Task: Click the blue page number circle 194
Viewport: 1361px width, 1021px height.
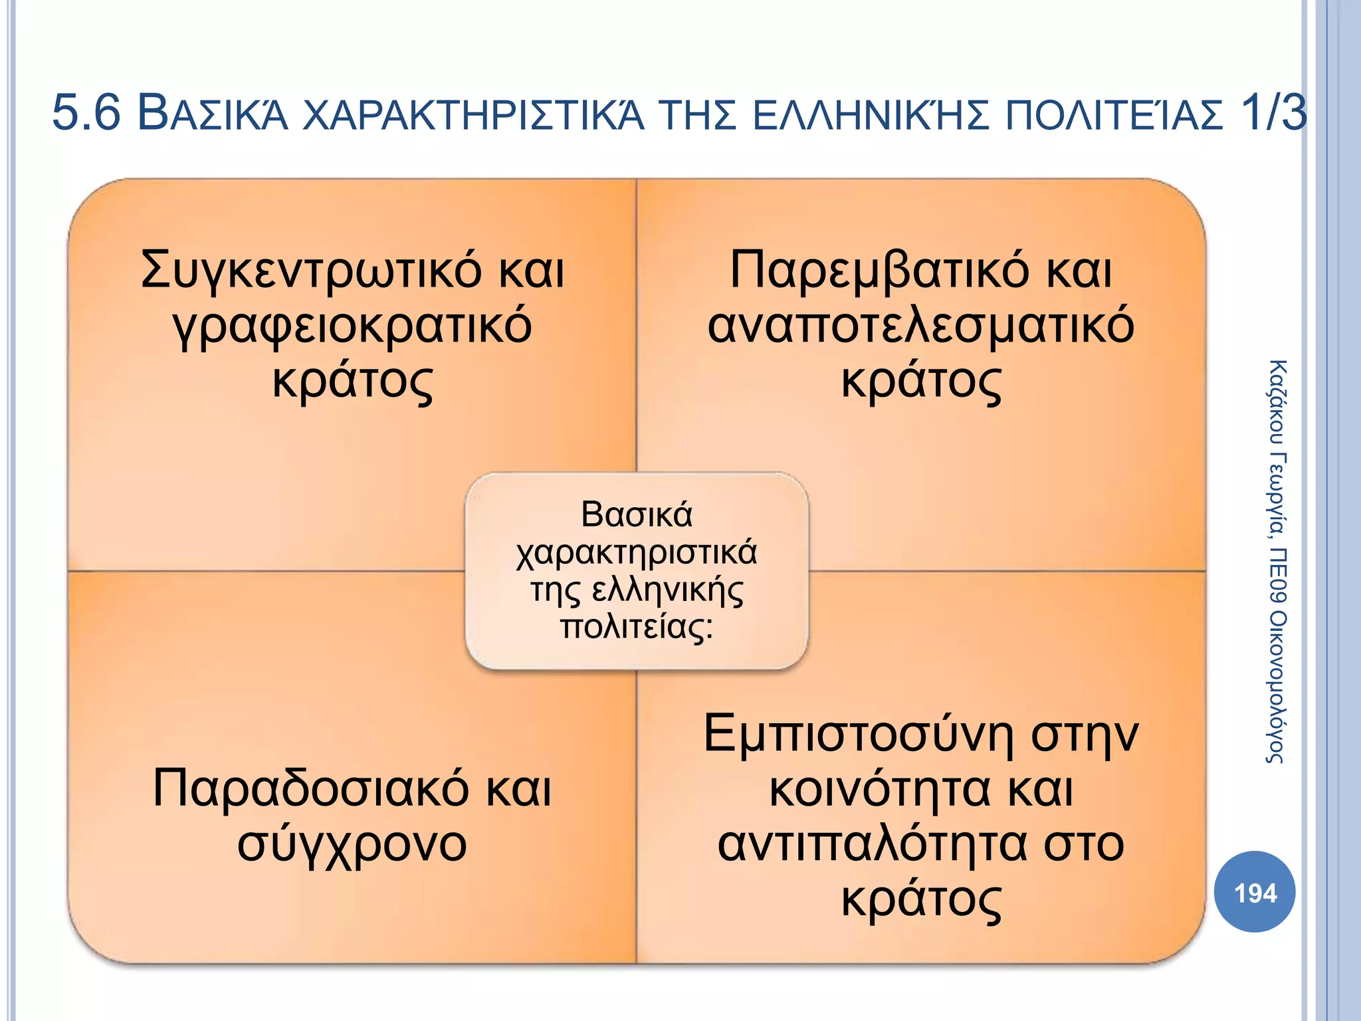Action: [x=1254, y=892]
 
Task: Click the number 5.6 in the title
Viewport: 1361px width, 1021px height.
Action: [x=86, y=113]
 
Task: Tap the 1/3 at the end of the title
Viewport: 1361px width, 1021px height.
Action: [x=1273, y=113]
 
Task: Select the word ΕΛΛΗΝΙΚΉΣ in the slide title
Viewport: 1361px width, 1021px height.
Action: [x=871, y=114]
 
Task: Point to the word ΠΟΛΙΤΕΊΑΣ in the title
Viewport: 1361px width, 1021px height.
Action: [x=1113, y=114]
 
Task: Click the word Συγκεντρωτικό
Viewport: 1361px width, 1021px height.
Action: [x=311, y=271]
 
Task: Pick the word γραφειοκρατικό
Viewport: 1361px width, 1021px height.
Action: [x=352, y=326]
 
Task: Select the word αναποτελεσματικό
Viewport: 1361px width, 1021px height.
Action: [x=920, y=326]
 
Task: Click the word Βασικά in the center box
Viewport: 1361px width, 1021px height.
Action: [x=637, y=514]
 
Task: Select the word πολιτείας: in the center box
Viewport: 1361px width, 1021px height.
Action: [x=637, y=627]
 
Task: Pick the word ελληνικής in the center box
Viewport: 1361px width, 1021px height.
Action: [x=667, y=590]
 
